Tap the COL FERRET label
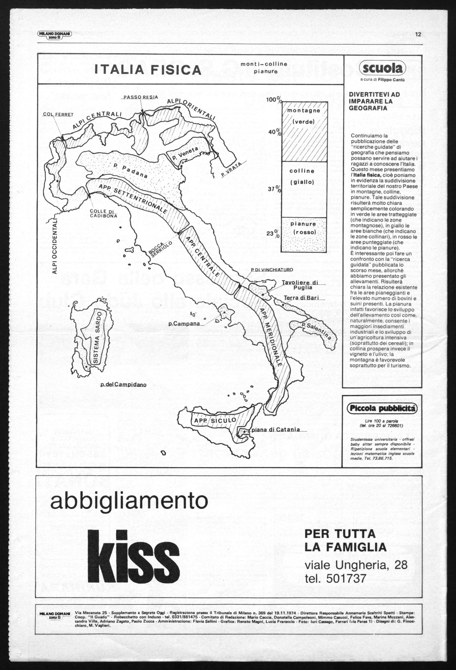(x=58, y=115)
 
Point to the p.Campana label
(x=184, y=324)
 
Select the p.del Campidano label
(x=123, y=385)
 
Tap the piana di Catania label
(x=276, y=430)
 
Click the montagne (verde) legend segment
(x=304, y=132)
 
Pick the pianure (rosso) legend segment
(x=304, y=235)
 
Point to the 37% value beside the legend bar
(x=275, y=189)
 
